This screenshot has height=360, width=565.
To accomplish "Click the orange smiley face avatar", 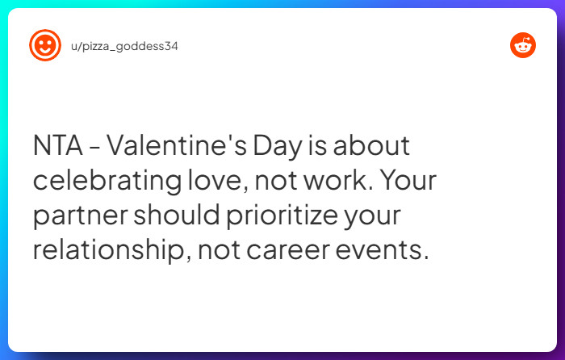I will click(44, 45).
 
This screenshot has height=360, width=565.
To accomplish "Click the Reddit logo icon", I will click(523, 45).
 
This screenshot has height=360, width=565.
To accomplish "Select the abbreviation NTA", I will click(58, 147).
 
